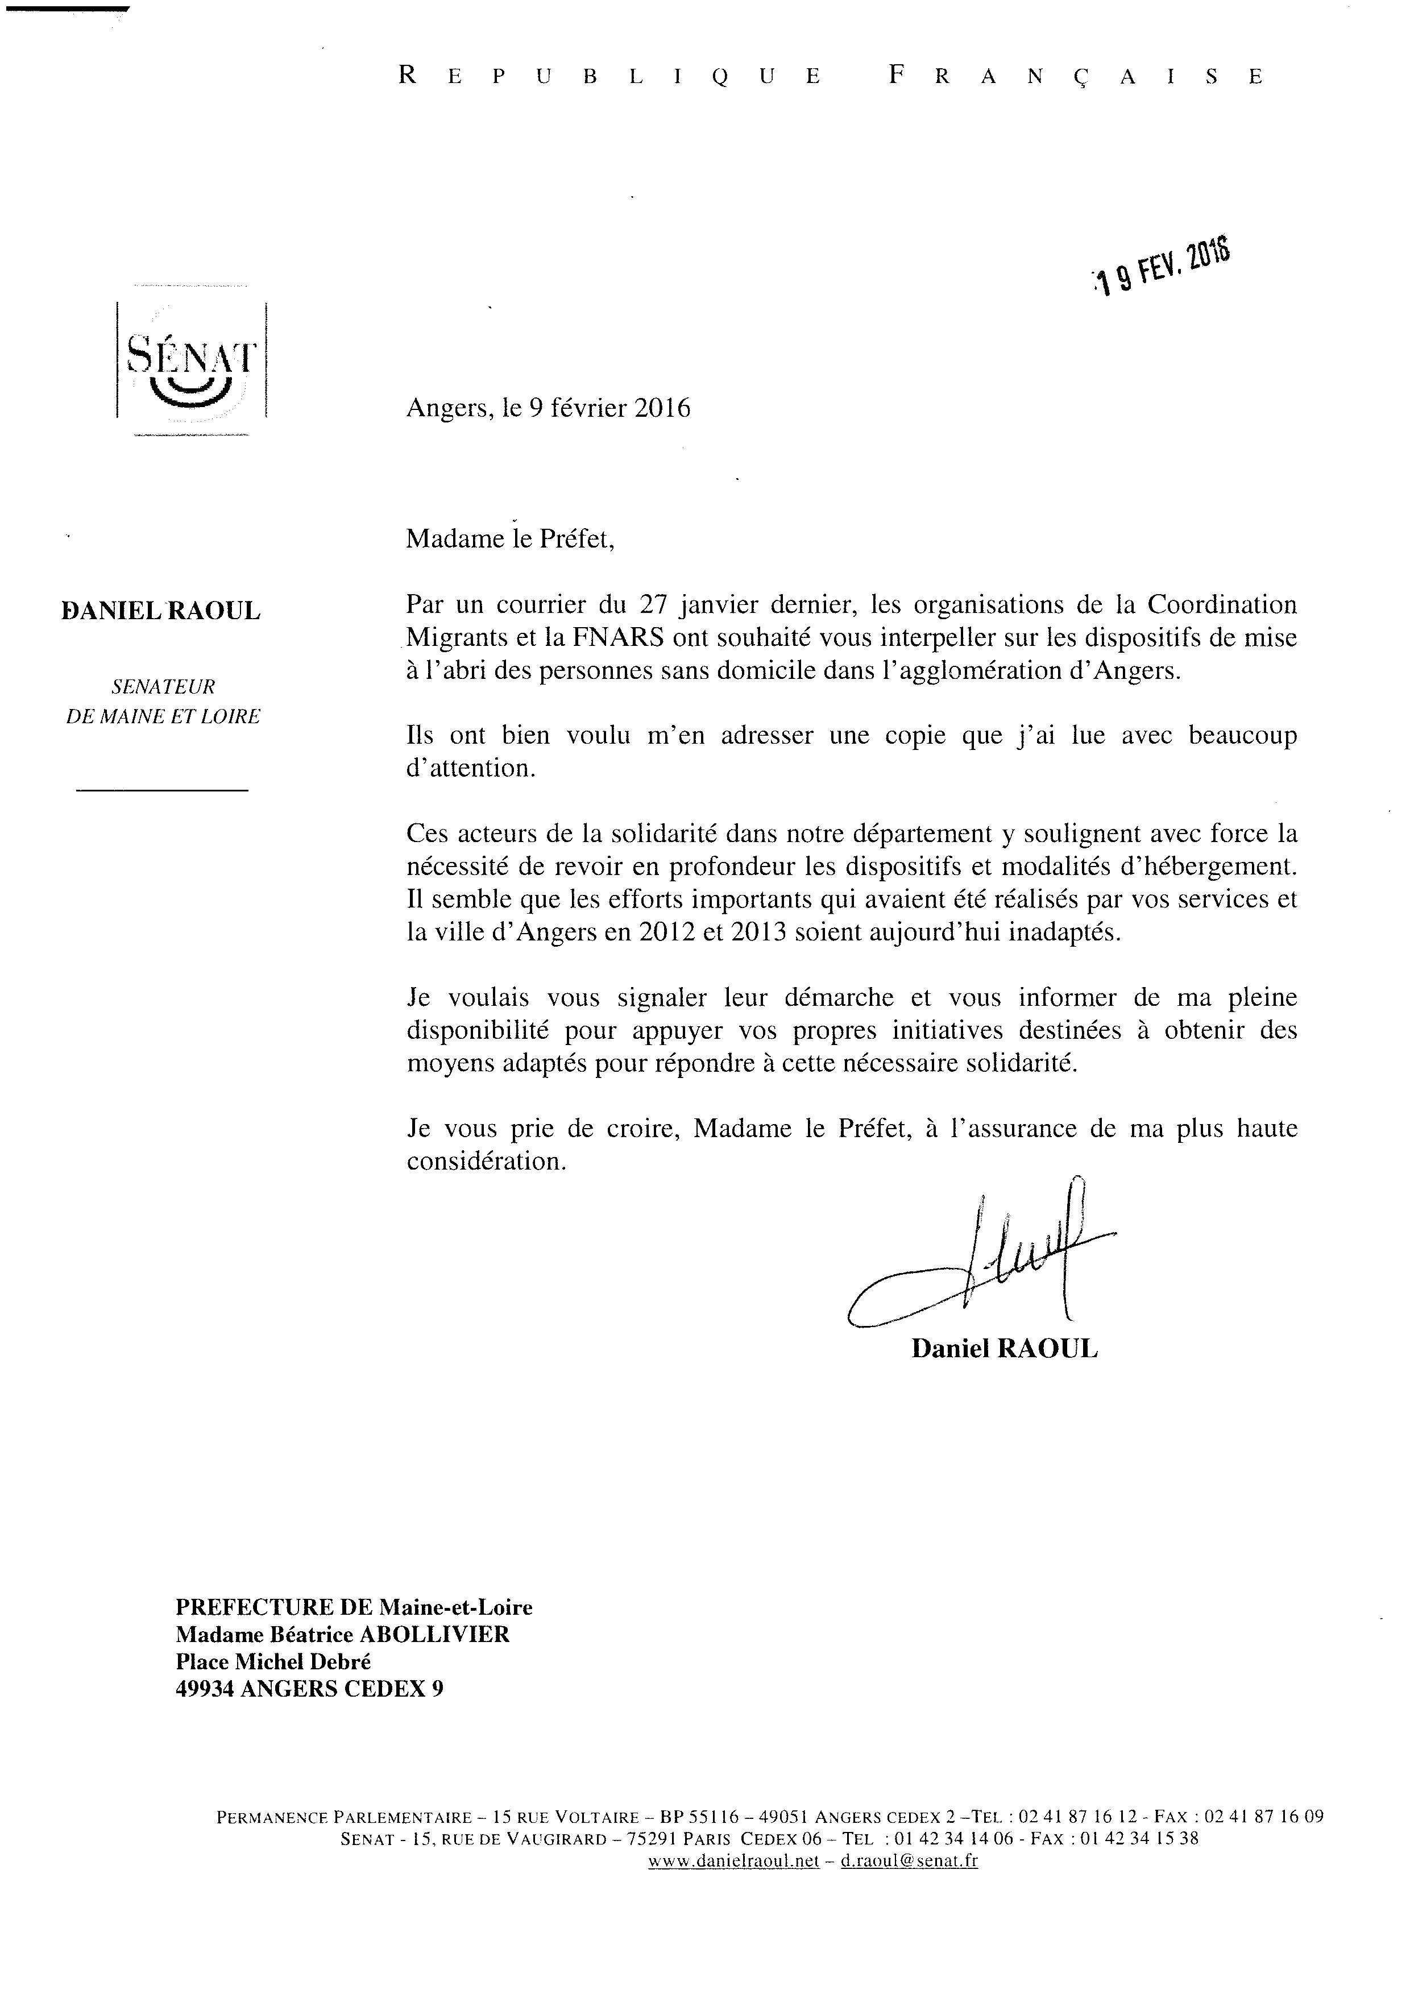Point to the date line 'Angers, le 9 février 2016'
tap(548, 408)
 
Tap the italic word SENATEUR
tap(163, 687)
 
